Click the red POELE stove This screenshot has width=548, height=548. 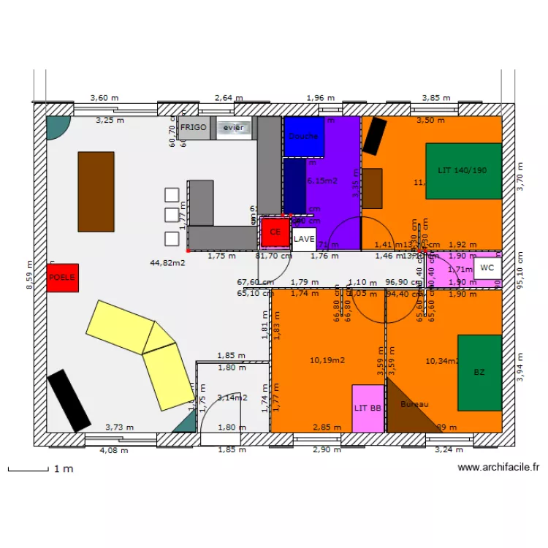[x=62, y=278]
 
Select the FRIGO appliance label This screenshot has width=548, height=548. [x=194, y=127]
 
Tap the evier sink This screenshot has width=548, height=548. [x=234, y=128]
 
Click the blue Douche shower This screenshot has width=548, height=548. [x=303, y=137]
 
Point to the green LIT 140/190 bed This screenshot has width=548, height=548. [x=463, y=171]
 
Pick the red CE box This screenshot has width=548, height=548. [x=275, y=232]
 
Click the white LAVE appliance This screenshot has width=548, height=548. [x=304, y=239]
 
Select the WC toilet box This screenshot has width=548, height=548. [x=487, y=268]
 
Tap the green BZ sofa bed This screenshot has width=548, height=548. [x=479, y=373]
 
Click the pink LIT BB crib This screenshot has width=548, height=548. [x=368, y=408]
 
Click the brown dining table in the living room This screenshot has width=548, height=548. [x=96, y=191]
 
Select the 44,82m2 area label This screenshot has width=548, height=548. [x=167, y=262]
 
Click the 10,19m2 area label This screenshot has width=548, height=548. [x=327, y=360]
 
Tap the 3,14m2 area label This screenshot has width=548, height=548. [x=232, y=398]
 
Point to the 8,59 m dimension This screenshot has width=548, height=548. [x=29, y=276]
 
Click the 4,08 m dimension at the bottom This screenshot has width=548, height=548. [x=113, y=450]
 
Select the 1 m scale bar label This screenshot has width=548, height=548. [x=64, y=468]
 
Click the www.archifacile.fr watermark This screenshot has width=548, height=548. [x=498, y=468]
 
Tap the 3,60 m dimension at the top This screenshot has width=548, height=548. [x=104, y=98]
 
